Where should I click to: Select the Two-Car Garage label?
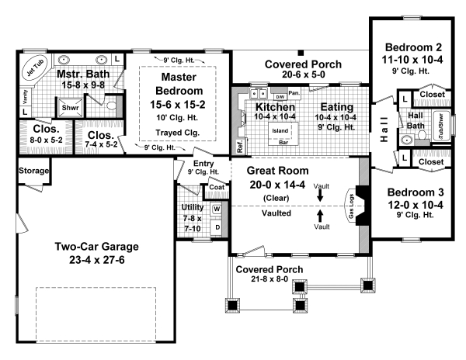tap(97, 247)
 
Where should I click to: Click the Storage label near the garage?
tap(33, 171)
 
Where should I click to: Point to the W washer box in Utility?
tap(216, 209)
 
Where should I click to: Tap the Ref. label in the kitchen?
tap(240, 145)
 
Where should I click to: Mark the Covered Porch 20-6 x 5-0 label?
tap(299, 70)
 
